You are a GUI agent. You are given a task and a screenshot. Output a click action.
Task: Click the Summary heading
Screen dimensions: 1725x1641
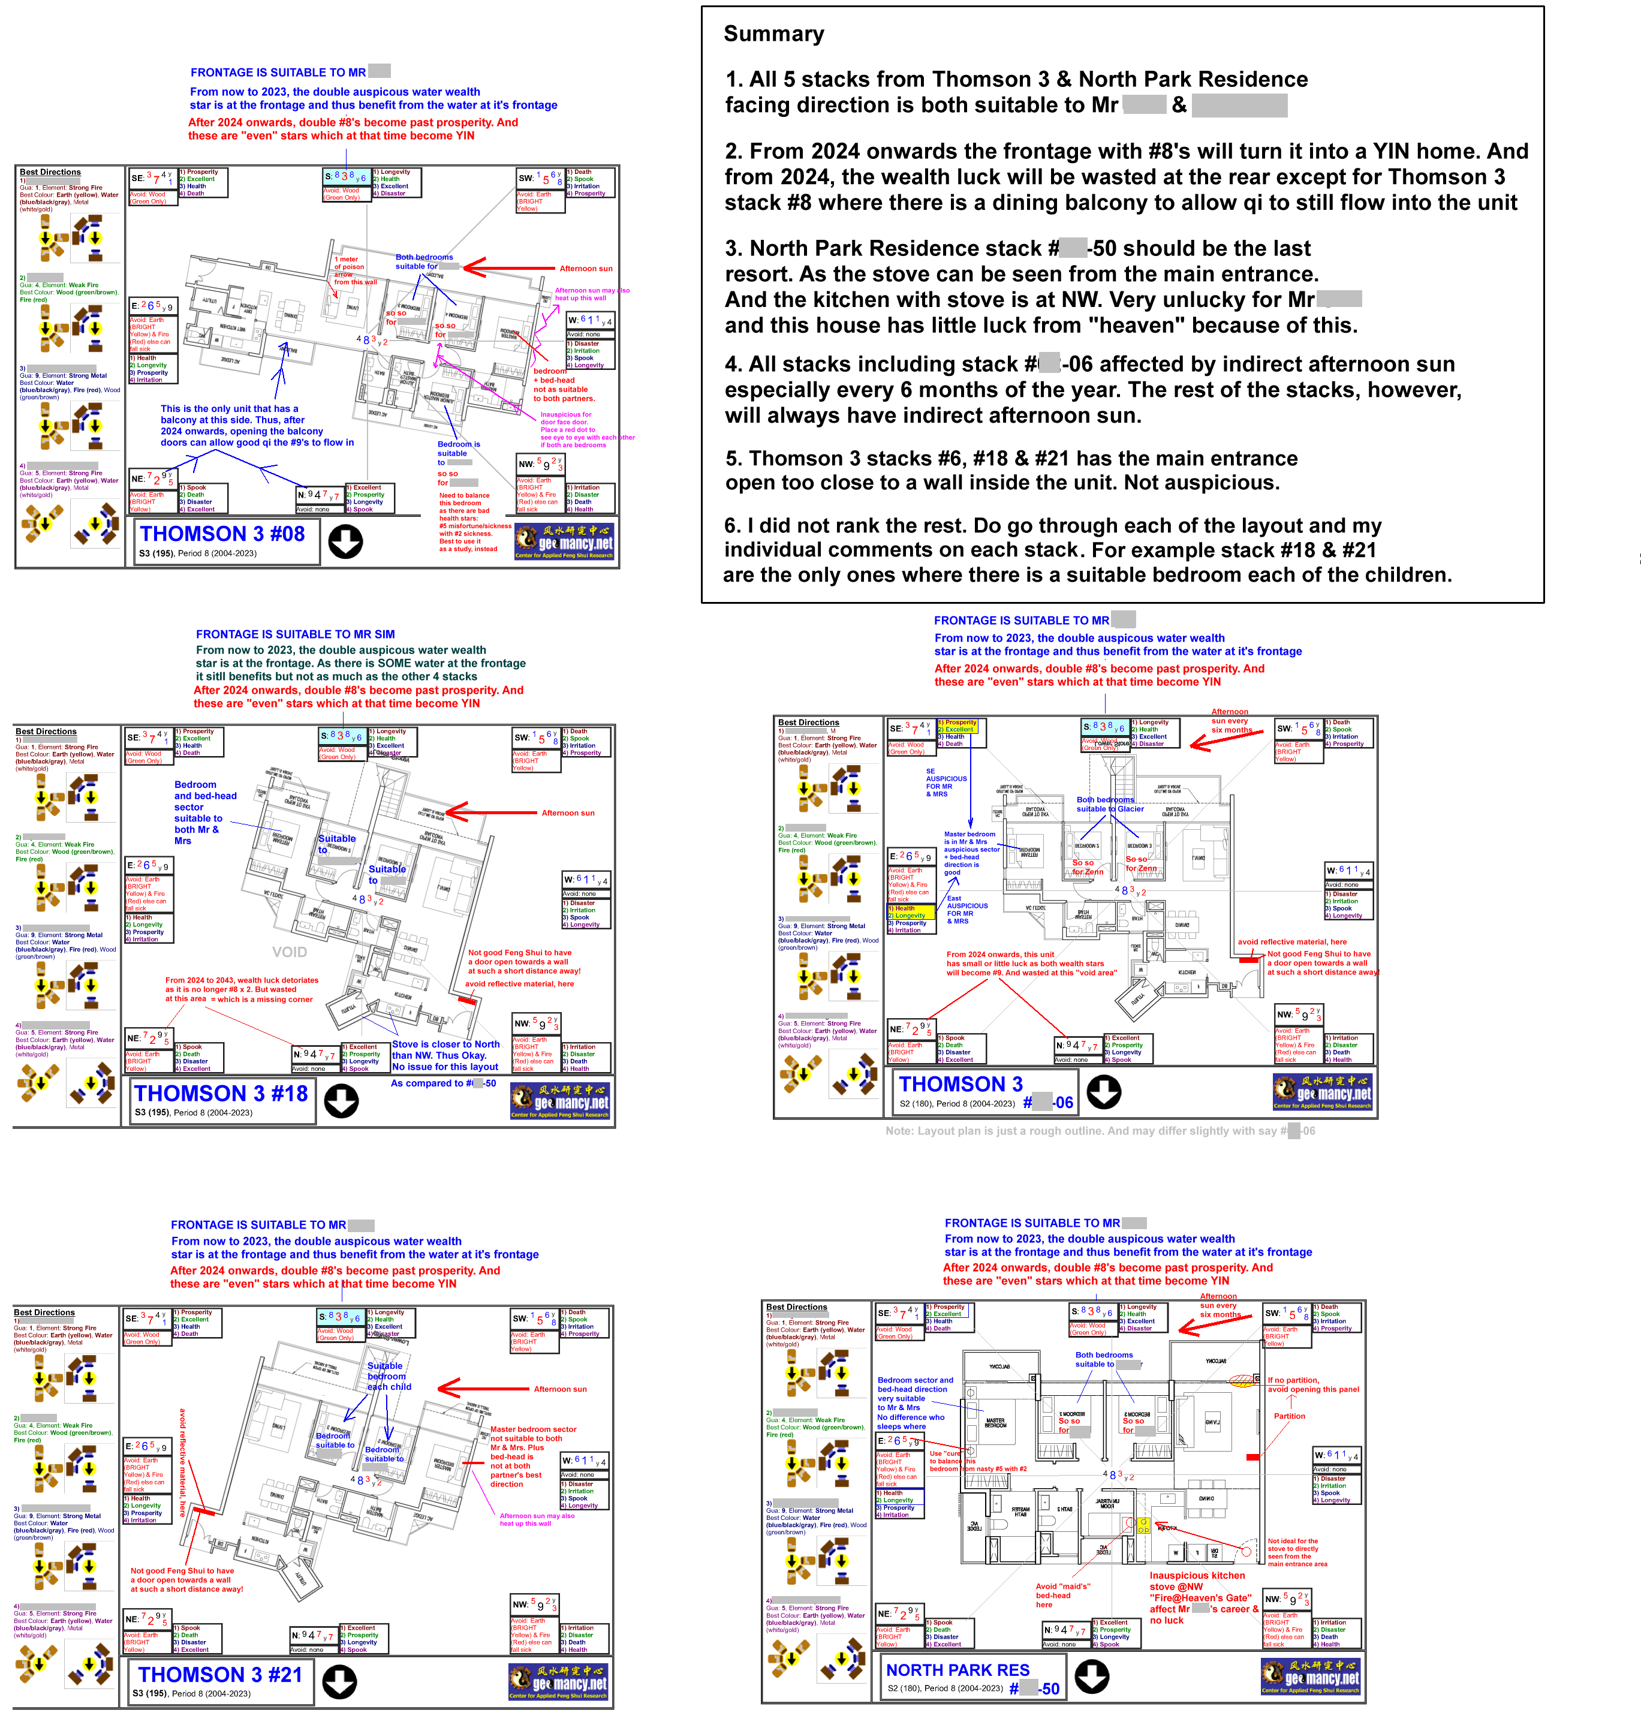(773, 34)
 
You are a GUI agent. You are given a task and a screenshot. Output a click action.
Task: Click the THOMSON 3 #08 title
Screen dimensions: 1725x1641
(222, 534)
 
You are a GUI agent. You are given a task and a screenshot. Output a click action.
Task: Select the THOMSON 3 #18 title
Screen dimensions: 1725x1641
(221, 1094)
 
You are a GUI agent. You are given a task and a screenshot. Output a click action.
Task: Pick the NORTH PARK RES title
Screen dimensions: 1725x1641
(958, 1670)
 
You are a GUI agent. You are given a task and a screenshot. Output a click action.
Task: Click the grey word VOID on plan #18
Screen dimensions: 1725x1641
(290, 952)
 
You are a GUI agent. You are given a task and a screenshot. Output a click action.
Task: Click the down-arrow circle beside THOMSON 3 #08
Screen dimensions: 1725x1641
(345, 541)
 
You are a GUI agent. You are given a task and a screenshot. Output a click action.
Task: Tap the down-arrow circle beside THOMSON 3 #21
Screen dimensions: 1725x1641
(339, 1681)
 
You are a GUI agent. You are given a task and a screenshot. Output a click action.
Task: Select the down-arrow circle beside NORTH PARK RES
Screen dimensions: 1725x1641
(1092, 1676)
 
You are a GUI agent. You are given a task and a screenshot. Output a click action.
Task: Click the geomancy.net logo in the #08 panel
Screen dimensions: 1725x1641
(564, 541)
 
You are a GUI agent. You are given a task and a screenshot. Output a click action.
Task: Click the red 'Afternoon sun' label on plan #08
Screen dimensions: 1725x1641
(586, 269)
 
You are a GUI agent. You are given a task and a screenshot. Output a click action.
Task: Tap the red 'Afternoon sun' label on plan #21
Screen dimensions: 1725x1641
(561, 1389)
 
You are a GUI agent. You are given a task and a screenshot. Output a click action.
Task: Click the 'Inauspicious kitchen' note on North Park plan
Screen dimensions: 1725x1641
(1197, 1576)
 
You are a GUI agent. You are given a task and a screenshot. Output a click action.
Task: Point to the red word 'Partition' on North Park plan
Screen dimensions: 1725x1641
(1288, 1416)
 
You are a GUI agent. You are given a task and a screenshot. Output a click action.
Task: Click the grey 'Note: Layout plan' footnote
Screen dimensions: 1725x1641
(1100, 1131)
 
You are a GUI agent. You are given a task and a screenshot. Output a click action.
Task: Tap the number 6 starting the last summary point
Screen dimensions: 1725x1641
(732, 526)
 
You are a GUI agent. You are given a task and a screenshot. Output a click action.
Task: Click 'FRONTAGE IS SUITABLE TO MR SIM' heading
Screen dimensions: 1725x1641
(295, 634)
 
